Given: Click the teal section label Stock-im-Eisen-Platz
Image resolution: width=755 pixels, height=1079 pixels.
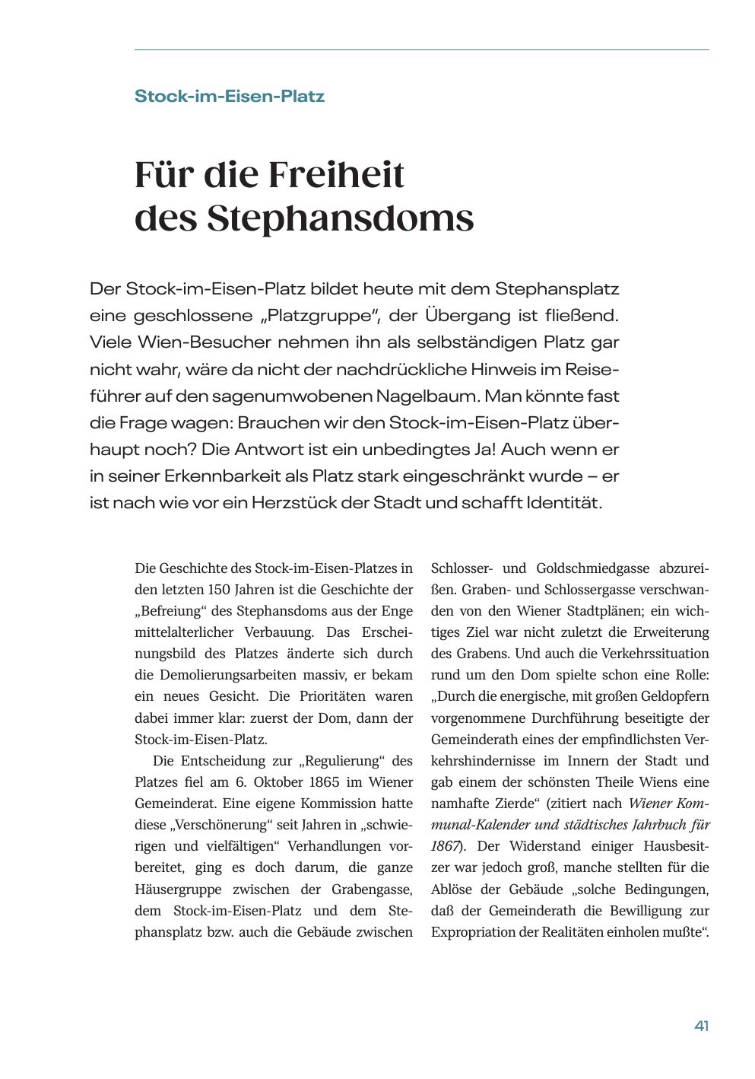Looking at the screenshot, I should [230, 97].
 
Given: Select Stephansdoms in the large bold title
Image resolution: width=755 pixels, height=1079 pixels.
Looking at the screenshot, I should [341, 218].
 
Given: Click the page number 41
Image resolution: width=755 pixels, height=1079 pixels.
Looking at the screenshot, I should [701, 1026].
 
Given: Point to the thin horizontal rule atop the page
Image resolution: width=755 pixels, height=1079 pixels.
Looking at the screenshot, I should [422, 50].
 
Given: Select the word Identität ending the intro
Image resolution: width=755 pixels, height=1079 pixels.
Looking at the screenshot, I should [563, 503].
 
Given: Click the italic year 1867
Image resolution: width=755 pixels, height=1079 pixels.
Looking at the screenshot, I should [444, 846].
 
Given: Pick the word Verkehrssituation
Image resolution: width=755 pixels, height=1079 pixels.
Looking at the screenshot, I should [655, 654].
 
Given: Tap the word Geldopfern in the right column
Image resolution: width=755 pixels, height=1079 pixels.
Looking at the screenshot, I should [673, 696].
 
